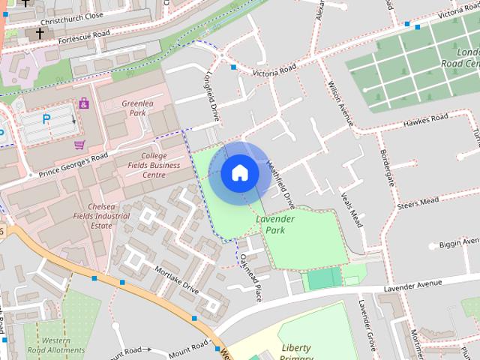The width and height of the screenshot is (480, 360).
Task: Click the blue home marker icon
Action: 240,172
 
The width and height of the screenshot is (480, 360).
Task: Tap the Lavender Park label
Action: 274,224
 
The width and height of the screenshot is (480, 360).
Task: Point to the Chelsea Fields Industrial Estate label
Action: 110,215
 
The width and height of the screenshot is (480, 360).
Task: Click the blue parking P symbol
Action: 46,118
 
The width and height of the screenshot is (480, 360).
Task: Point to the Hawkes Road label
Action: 424,119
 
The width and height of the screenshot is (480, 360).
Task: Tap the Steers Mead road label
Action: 418,203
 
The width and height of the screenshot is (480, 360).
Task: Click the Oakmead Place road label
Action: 250,277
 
